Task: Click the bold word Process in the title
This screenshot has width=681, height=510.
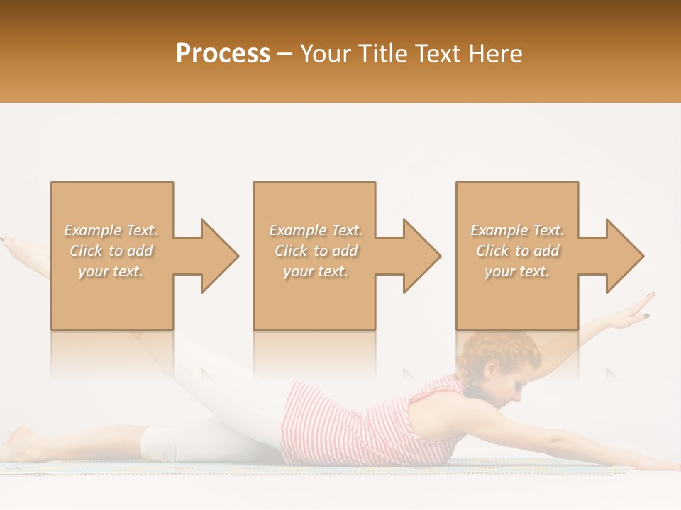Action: pyautogui.click(x=223, y=54)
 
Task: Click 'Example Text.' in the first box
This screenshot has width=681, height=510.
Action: pyautogui.click(x=111, y=230)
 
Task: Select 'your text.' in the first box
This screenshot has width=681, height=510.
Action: pyautogui.click(x=111, y=271)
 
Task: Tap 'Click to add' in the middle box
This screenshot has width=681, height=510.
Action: pyautogui.click(x=316, y=251)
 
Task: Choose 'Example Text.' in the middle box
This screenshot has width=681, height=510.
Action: pyautogui.click(x=316, y=230)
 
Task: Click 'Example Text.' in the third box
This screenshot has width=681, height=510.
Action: pyautogui.click(x=517, y=230)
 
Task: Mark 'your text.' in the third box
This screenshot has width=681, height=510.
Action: pyautogui.click(x=517, y=271)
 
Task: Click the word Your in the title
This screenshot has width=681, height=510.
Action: pyautogui.click(x=325, y=54)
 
